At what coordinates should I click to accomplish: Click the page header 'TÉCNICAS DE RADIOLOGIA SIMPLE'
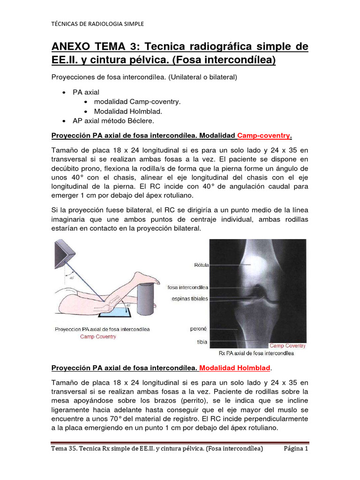click(x=97, y=23)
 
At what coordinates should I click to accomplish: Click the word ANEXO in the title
click(x=73, y=47)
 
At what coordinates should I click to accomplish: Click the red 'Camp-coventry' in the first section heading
click(x=264, y=136)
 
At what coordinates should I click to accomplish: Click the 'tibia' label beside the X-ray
click(x=202, y=342)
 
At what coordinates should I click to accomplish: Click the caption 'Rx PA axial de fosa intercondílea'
click(x=257, y=352)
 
